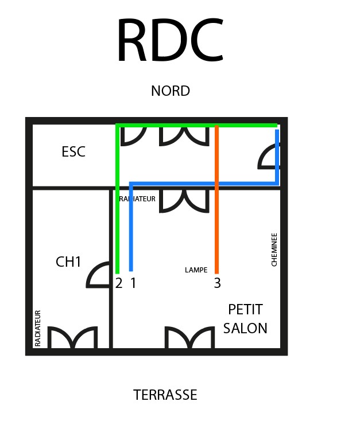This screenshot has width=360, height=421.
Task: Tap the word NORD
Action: [x=171, y=91]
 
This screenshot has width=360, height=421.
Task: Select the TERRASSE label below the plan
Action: [x=165, y=395]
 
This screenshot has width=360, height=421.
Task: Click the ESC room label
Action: [x=73, y=152]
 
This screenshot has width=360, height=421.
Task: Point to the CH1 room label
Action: [x=68, y=262]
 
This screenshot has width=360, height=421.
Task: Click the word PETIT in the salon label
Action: [x=245, y=310]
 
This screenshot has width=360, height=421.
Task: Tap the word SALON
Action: [x=245, y=328]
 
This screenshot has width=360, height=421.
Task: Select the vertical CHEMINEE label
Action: [x=274, y=249]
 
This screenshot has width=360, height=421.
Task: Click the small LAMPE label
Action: [x=196, y=270]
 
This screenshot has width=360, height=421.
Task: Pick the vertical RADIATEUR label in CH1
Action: [x=38, y=328]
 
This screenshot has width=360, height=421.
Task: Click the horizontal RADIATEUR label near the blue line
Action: [x=138, y=199]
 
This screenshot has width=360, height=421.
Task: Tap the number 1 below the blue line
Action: [x=133, y=283]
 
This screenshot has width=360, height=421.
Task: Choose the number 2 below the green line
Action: [x=119, y=283]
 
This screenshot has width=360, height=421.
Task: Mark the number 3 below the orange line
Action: [x=217, y=283]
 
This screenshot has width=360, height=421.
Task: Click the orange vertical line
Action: [x=217, y=229]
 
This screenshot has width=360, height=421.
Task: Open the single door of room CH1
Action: [x=99, y=275]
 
